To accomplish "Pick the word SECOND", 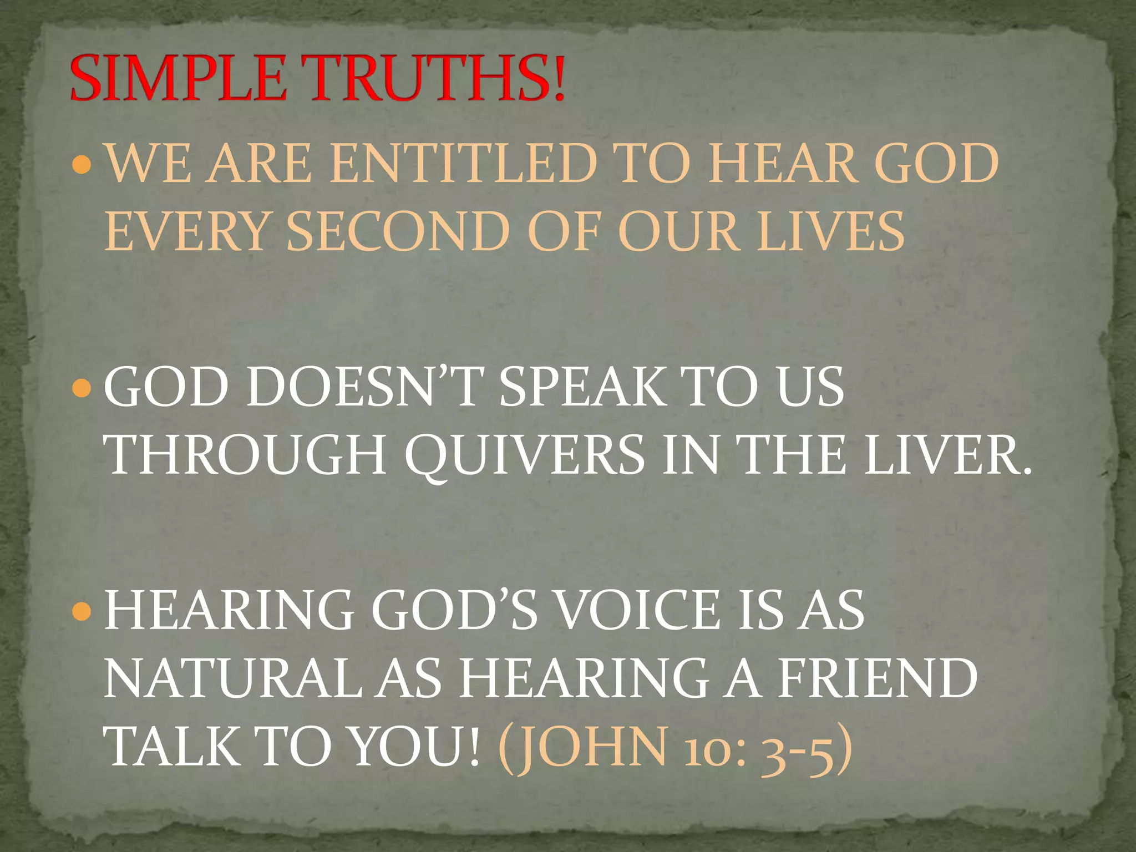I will (x=398, y=232).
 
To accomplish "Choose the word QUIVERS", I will (x=525, y=457).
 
